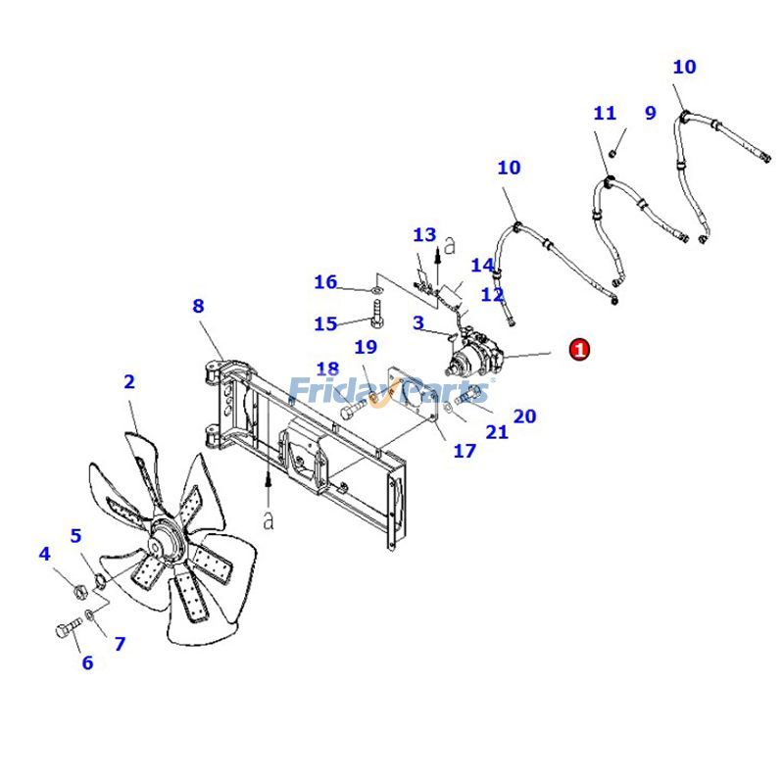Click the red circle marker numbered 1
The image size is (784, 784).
point(579,349)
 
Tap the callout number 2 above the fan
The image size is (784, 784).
point(129,382)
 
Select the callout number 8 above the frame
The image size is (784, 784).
point(198,306)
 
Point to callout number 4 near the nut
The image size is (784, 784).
point(44,555)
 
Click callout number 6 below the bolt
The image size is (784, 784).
point(87,663)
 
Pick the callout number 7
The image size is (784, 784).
point(120,644)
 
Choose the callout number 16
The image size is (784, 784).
point(325,282)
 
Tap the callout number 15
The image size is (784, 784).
point(325,324)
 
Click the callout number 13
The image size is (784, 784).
point(423,235)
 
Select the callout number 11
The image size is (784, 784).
point(605,114)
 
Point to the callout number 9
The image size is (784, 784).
point(650,113)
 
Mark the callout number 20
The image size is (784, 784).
point(524,416)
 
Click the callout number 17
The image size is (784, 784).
point(464,451)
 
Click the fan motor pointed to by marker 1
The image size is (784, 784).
point(472,358)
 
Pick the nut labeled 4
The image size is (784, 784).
point(76,590)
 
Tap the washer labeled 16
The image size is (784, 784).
point(377,291)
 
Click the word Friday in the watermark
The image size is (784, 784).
point(333,391)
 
